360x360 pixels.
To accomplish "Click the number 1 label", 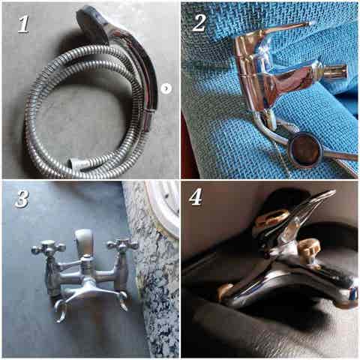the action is [x=23, y=24].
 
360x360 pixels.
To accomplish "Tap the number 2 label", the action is [x=200, y=23].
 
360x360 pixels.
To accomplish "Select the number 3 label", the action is [x=22, y=199].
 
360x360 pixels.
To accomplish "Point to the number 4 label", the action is [x=196, y=196].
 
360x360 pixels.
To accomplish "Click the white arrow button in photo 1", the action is [x=166, y=88].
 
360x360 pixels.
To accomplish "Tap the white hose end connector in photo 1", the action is [x=79, y=163].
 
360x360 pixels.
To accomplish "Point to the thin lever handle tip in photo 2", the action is [x=308, y=24].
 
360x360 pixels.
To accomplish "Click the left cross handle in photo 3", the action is [x=49, y=247].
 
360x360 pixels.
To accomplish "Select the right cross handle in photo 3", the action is [x=122, y=244].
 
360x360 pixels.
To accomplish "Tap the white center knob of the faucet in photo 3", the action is [x=84, y=239].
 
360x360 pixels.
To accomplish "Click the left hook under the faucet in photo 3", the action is [x=59, y=310].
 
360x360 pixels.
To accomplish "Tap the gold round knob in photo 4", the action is [x=310, y=246].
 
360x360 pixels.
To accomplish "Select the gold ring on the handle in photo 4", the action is [x=272, y=217].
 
